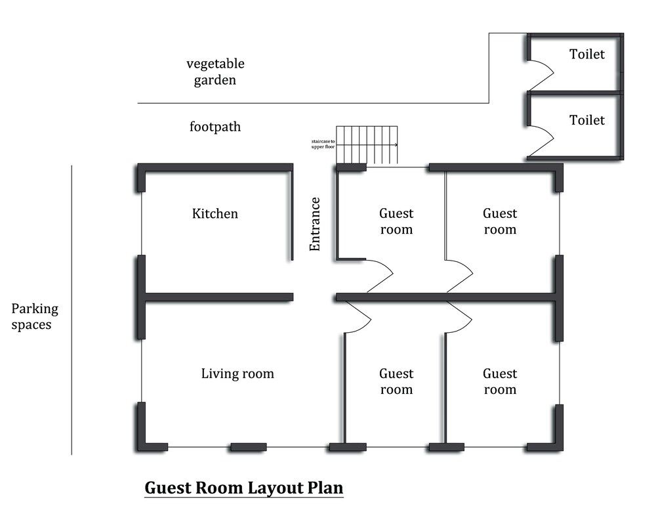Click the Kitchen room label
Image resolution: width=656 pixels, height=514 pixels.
(215, 214)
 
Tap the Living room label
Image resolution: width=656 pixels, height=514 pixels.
(237, 374)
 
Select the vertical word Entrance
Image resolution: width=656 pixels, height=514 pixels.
(315, 224)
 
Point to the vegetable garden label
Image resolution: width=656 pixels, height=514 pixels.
(215, 72)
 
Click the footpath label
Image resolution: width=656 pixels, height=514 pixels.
(215, 127)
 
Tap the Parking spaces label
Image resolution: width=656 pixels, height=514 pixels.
(35, 316)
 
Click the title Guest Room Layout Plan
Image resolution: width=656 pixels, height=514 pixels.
(244, 488)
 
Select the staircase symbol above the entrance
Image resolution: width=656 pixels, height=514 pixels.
(367, 145)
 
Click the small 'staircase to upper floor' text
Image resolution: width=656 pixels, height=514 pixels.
(323, 144)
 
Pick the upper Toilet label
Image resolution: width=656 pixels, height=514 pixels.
(586, 54)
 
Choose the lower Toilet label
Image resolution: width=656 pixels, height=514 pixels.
(586, 121)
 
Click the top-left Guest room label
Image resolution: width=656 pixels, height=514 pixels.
(396, 221)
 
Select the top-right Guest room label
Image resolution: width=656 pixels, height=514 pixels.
(500, 221)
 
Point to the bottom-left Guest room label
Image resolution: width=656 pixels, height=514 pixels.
(396, 381)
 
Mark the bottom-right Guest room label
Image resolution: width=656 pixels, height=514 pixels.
(500, 381)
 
